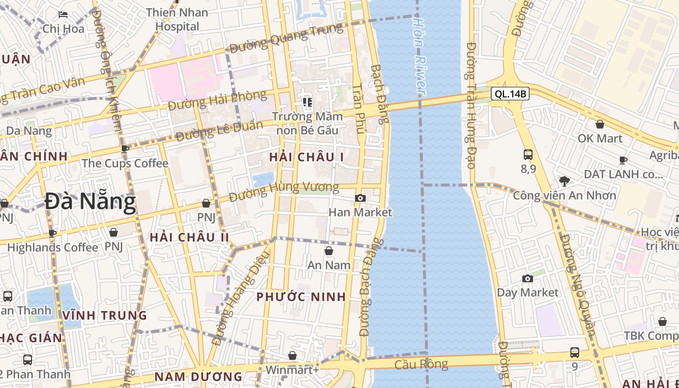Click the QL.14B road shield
tap(510, 94)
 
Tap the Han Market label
tap(360, 212)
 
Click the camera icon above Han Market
tap(360, 198)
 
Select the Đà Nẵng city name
tap(90, 202)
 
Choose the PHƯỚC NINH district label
tap(301, 297)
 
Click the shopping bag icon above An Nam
tap(329, 251)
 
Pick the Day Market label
tap(528, 292)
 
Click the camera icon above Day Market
tap(527, 278)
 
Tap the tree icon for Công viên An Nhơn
tap(564, 181)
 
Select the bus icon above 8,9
tap(528, 155)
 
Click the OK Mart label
tap(600, 139)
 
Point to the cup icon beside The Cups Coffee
tap(125, 149)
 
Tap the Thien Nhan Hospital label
tap(177, 19)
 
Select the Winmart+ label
tap(292, 370)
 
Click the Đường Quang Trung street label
tap(286, 39)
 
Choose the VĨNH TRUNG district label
tap(105, 315)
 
